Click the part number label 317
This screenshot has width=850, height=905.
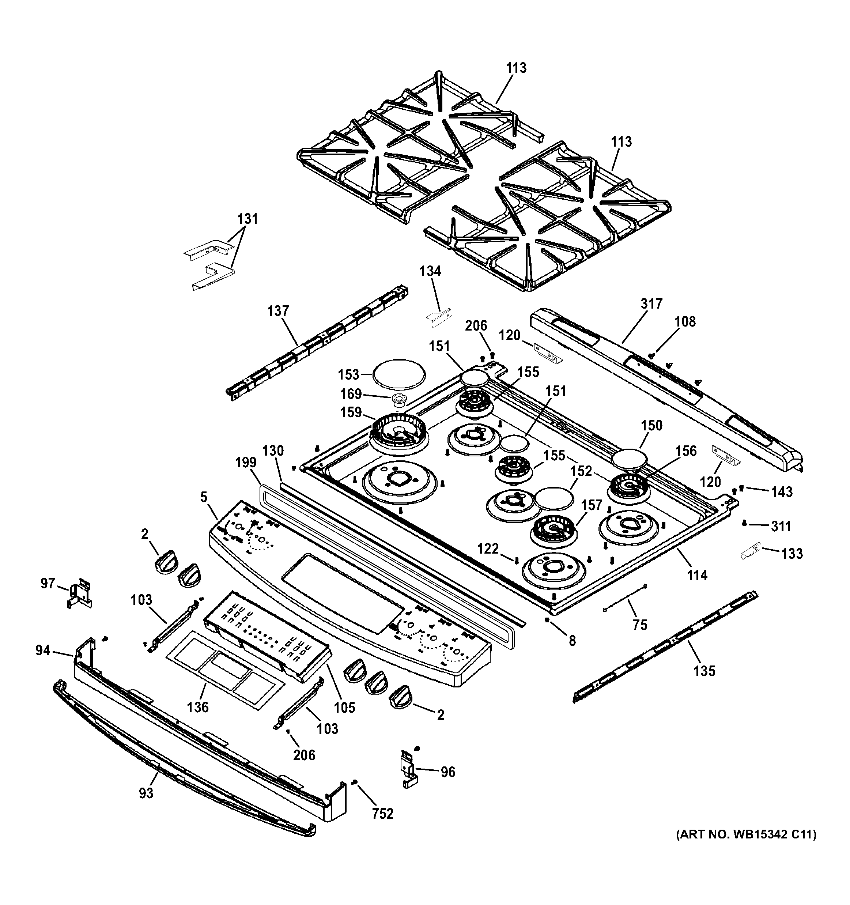(651, 303)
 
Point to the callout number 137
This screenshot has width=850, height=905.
(278, 312)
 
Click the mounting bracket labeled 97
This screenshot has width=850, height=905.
(80, 592)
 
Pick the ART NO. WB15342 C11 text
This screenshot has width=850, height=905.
(746, 834)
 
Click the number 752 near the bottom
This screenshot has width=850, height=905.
(382, 814)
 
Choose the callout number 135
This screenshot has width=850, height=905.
(704, 671)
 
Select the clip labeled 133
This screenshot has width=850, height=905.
(751, 552)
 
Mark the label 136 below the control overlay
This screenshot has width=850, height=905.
(198, 707)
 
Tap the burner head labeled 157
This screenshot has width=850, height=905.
(553, 530)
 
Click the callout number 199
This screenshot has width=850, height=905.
(246, 463)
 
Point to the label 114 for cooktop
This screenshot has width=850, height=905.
(697, 576)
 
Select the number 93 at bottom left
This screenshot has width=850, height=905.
(146, 793)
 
